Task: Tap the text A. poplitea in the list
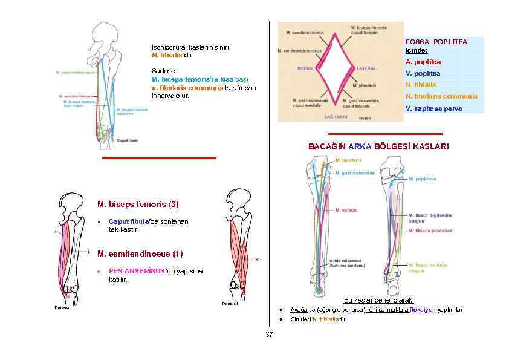coord(423,62)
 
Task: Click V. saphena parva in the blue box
coord(433,108)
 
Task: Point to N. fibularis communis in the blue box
coord(441,96)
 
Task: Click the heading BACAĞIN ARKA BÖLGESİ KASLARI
coord(379,147)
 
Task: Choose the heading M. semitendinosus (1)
coord(139,253)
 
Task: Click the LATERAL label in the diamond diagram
coord(368,69)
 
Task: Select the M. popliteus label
coord(423,179)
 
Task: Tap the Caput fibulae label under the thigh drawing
coord(128,140)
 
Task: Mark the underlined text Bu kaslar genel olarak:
coord(378,300)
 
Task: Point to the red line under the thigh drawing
coord(159,158)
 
